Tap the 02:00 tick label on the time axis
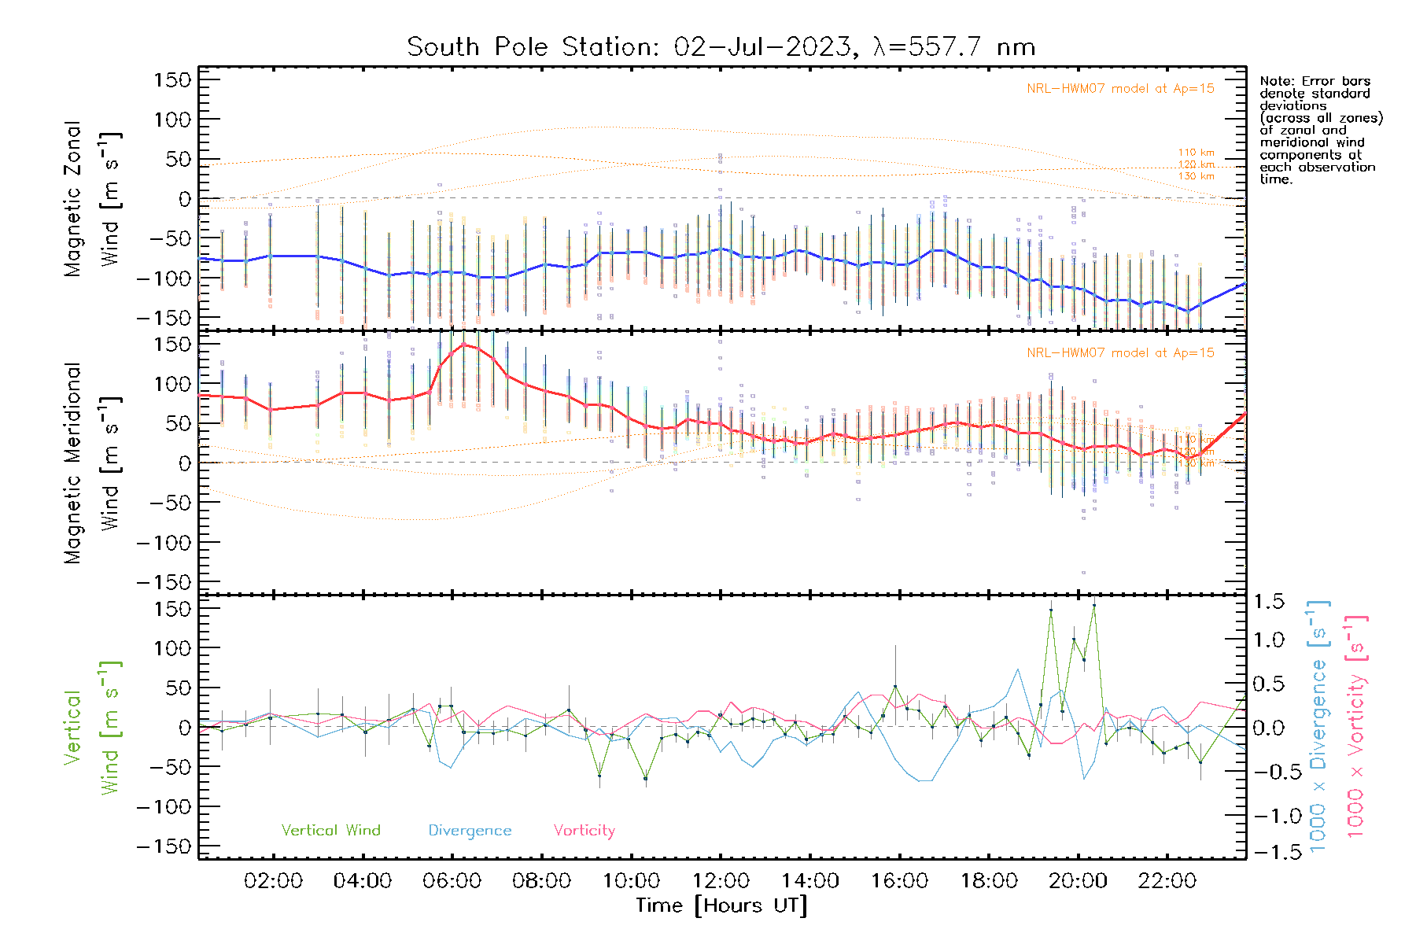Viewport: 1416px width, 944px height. [273, 881]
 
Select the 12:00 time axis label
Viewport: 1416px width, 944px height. [721, 881]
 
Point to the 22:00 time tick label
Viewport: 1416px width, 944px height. [1167, 881]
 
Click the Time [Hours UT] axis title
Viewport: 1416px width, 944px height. [721, 906]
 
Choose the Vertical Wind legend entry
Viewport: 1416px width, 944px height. [330, 830]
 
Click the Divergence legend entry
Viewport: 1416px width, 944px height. [470, 830]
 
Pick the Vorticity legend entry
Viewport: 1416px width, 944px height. [584, 830]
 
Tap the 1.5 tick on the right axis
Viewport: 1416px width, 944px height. [1268, 602]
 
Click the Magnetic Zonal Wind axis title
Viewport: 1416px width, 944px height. [93, 198]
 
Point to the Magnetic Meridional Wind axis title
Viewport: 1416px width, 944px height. [93, 463]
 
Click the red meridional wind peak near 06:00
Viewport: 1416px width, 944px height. [464, 344]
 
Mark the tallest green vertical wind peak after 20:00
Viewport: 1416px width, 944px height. [1093, 606]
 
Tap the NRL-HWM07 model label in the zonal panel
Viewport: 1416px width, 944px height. [1120, 89]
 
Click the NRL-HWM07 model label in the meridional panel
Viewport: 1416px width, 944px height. [1120, 353]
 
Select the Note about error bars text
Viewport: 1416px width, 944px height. [1320, 130]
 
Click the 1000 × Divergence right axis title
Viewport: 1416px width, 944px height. [1318, 725]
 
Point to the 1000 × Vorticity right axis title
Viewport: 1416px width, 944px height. [1355, 725]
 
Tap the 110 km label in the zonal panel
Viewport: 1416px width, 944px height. [1196, 153]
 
